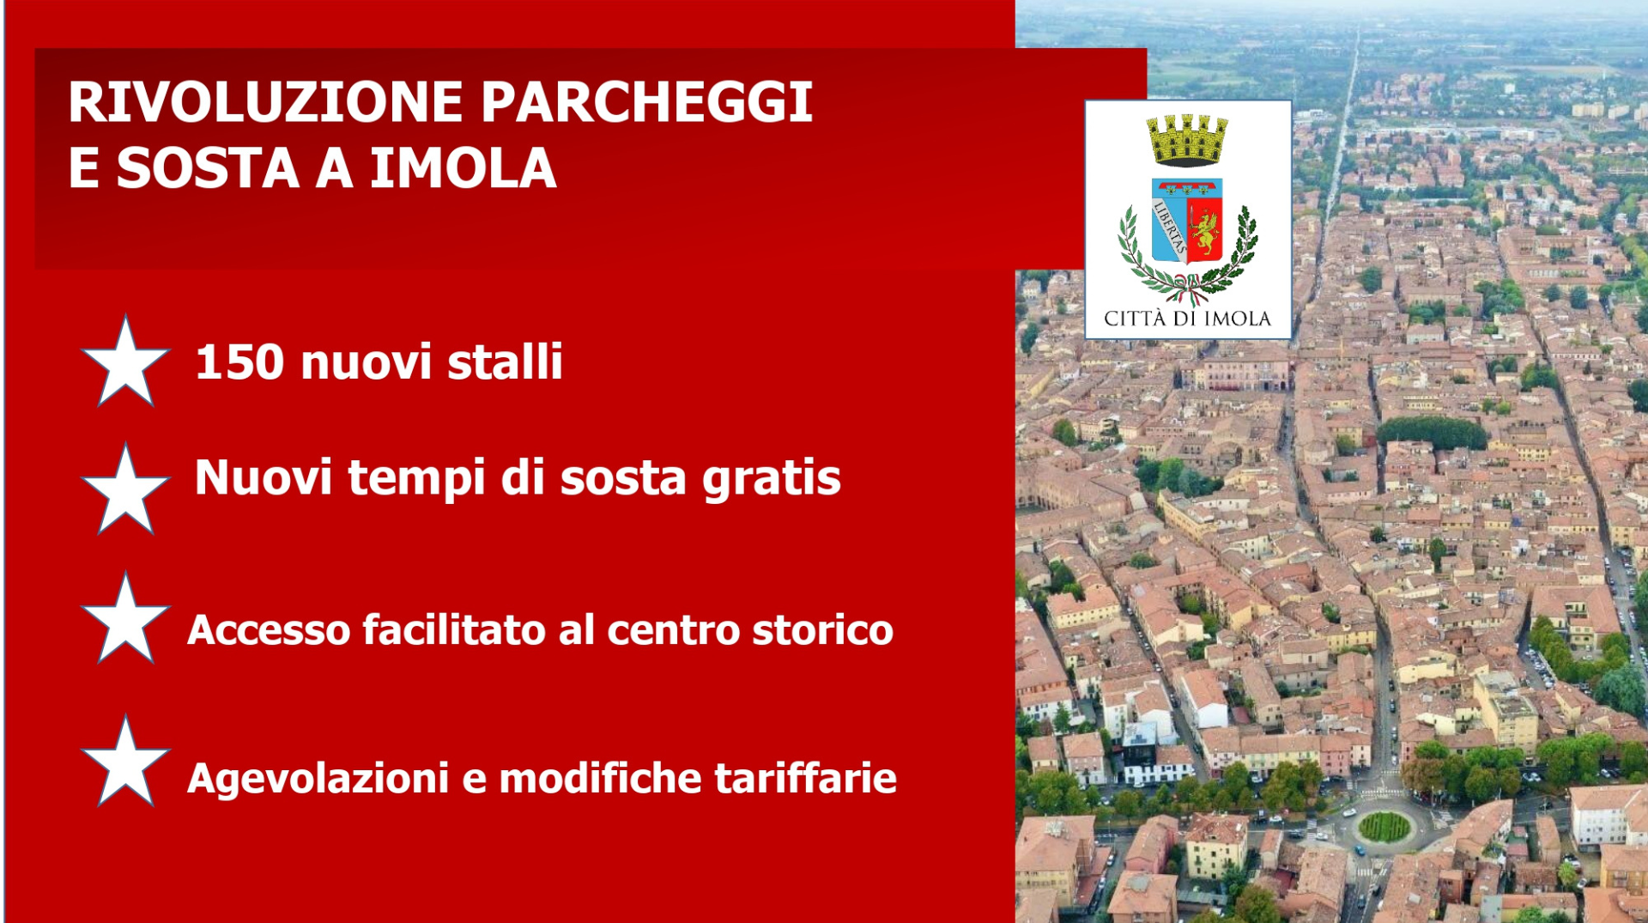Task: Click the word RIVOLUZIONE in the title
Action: pos(266,102)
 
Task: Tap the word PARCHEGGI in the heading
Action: pos(646,102)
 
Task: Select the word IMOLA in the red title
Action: pos(463,167)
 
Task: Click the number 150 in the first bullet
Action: pos(239,361)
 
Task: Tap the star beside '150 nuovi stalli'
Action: pos(125,361)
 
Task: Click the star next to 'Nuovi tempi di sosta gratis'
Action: pos(125,490)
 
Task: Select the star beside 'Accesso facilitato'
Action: pos(125,619)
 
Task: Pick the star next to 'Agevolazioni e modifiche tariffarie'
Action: pos(125,762)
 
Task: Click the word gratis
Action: pos(771,479)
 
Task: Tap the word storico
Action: pos(822,630)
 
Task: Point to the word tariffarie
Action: pos(805,778)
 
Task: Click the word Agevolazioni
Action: pos(318,780)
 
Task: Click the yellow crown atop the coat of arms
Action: pos(1188,140)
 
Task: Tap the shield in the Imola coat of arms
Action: pos(1187,220)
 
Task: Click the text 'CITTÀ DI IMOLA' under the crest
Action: pos(1187,319)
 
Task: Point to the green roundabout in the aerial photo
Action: pos(1384,828)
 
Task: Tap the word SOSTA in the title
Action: pos(208,167)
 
